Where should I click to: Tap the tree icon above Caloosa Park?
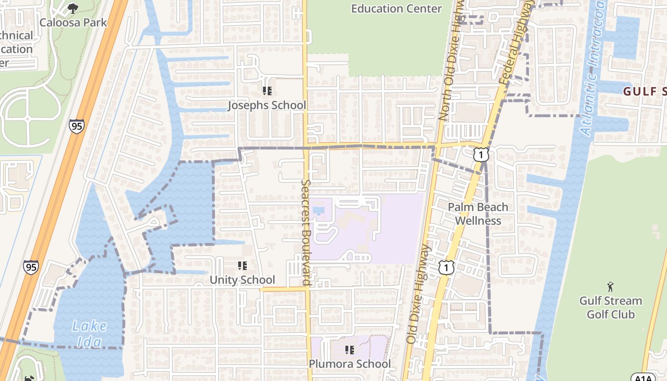tap(72, 8)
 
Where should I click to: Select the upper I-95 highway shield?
tap(76, 126)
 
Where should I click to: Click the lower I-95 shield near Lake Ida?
tap(30, 267)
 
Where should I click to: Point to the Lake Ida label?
tap(90, 334)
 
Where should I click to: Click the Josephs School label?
tap(266, 105)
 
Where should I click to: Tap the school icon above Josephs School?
tap(267, 90)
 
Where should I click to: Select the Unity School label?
tap(243, 280)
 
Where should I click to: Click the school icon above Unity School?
tap(243, 265)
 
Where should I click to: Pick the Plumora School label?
tap(350, 364)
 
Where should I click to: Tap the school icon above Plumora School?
tap(350, 350)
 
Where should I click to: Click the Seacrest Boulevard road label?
tap(306, 232)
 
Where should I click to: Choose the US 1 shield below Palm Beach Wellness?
tap(446, 268)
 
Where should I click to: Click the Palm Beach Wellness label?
tap(478, 214)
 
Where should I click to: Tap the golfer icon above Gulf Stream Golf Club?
tap(610, 287)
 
